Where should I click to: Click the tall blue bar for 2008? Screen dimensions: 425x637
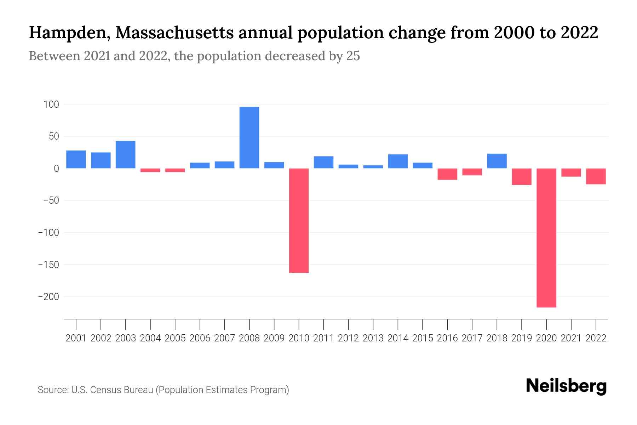(249, 137)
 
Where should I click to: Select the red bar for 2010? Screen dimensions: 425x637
(299, 220)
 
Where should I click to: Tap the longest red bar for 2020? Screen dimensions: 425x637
(546, 237)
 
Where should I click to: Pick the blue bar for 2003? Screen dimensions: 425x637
(125, 155)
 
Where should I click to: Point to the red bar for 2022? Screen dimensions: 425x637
(596, 176)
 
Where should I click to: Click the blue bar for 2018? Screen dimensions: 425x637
(497, 161)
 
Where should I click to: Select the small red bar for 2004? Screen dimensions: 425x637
(150, 170)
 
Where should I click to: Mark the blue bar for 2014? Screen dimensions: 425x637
(398, 161)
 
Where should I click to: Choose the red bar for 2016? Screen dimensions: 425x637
(447, 174)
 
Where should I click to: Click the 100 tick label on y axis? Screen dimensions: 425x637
(51, 104)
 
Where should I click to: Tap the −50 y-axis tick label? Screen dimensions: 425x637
(51, 200)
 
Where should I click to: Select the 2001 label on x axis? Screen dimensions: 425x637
(76, 338)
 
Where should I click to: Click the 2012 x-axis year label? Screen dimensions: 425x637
(348, 338)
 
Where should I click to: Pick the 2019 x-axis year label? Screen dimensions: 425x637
(522, 338)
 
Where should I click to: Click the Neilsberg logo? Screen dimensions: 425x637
(566, 386)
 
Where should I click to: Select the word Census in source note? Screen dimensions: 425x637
(105, 390)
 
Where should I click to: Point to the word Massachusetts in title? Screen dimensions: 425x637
(174, 33)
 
